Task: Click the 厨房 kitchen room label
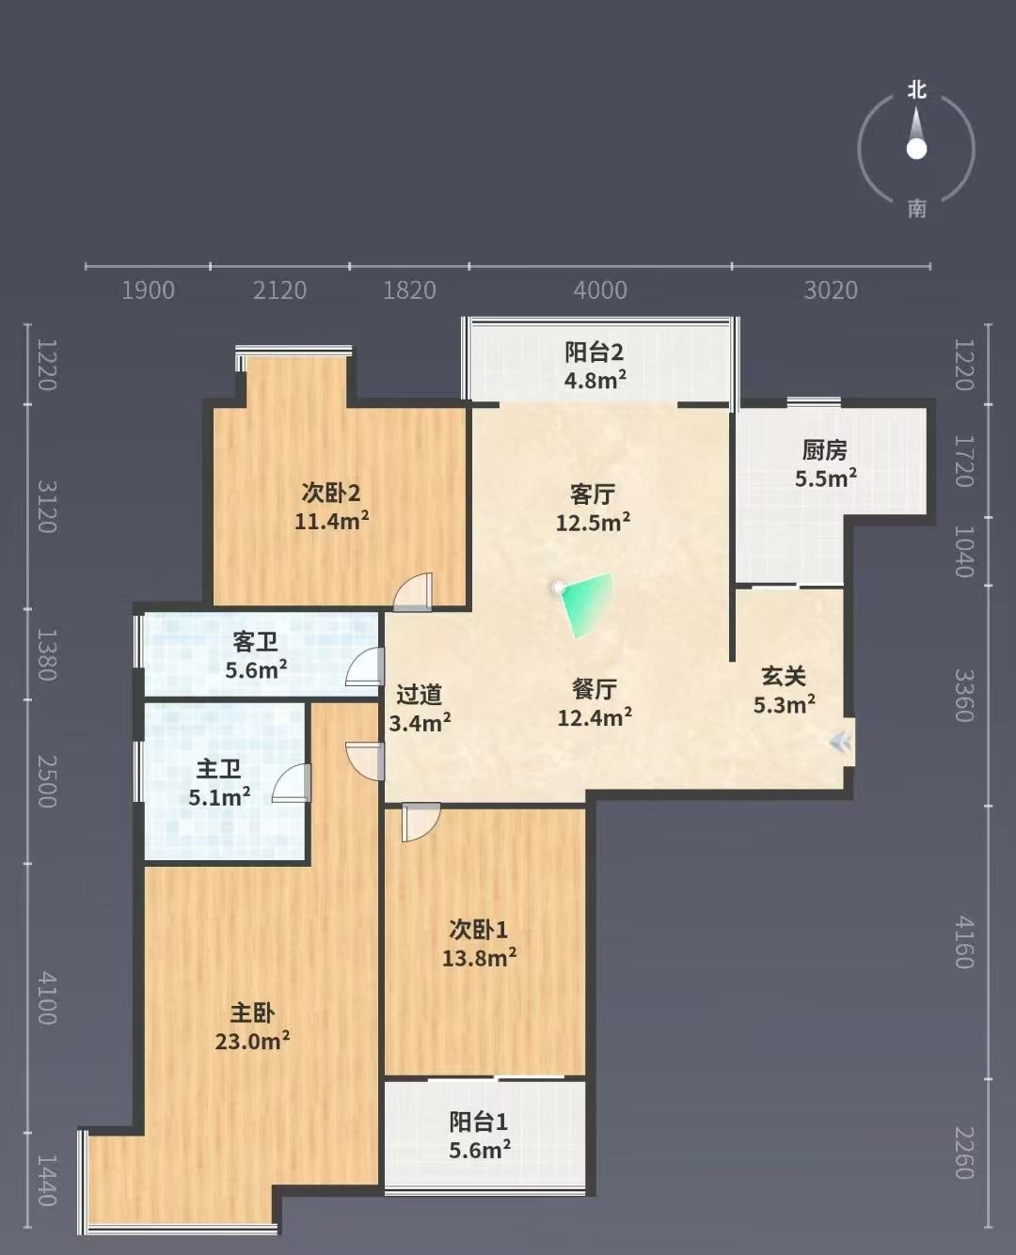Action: (x=824, y=450)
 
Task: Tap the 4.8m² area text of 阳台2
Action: (x=595, y=380)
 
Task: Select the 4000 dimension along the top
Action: (x=600, y=290)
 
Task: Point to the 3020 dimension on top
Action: (x=831, y=290)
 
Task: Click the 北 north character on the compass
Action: (x=916, y=90)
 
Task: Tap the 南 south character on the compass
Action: (x=916, y=209)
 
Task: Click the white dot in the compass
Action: (x=916, y=149)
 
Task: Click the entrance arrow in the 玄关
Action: (x=840, y=742)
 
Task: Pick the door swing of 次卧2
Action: (x=414, y=591)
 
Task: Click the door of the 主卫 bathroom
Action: (x=292, y=783)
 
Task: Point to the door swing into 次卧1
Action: (x=421, y=822)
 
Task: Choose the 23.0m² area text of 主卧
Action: (x=252, y=1042)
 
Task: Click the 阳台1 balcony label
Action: (x=478, y=1122)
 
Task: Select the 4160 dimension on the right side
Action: (x=963, y=942)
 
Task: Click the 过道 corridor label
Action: (x=420, y=696)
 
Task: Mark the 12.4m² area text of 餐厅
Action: (x=595, y=718)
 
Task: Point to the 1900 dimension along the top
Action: (x=148, y=290)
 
